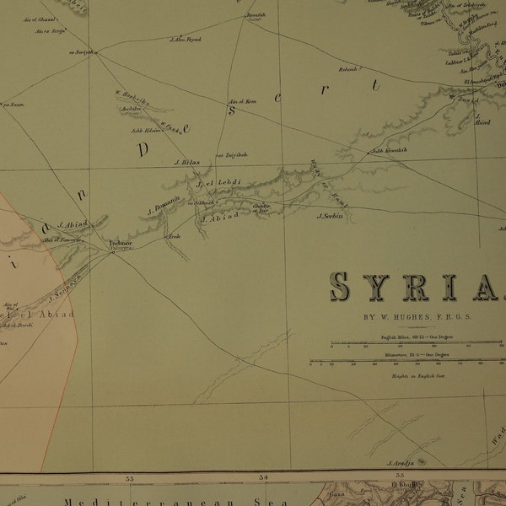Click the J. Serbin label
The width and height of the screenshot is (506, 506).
[x=333, y=216]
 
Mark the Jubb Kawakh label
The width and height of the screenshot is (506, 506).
[x=390, y=150]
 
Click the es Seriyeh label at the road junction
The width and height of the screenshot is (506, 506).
[x=82, y=53]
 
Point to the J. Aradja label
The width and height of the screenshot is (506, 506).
[x=403, y=463]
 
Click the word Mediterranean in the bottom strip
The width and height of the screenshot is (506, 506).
[x=110, y=500]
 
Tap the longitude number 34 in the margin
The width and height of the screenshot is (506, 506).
[x=264, y=479]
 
